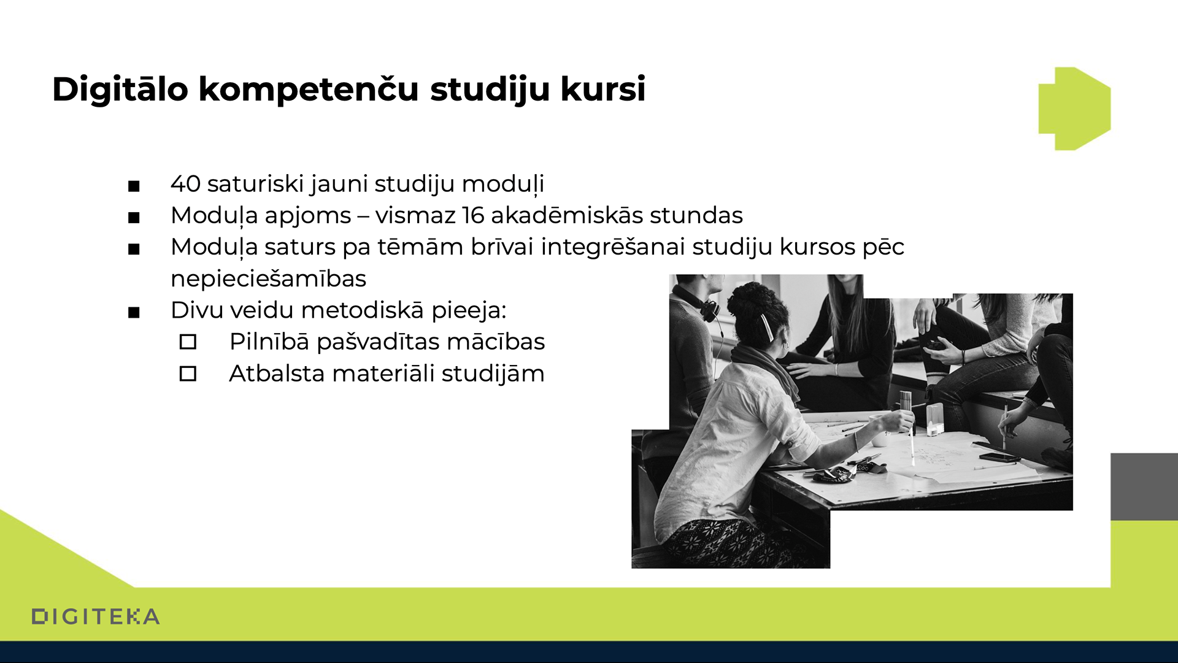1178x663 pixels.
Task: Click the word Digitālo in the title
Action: pos(120,90)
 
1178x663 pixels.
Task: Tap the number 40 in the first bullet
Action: pos(186,183)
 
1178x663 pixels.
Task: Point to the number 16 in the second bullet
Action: pos(473,215)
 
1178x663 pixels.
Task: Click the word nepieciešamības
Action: pos(269,278)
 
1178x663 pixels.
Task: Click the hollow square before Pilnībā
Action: pos(188,342)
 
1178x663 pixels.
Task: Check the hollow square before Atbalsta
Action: pos(188,374)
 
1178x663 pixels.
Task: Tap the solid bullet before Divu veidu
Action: pos(134,313)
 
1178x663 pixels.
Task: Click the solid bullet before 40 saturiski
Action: pos(134,186)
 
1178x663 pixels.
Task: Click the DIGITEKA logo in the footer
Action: pos(96,616)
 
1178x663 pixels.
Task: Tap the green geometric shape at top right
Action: pos(1074,109)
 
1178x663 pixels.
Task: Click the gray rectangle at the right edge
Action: pos(1144,487)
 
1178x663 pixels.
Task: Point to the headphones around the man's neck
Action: pos(703,303)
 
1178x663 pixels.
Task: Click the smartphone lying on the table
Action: pos(999,457)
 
